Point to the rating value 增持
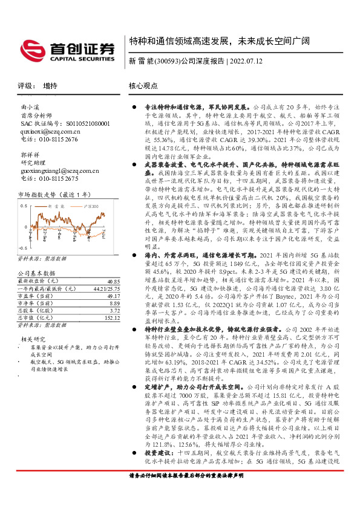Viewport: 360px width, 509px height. [x=50, y=86]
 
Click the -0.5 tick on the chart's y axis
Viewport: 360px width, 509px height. [x=22, y=248]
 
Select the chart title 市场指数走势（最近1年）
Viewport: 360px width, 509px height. [x=55, y=195]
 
